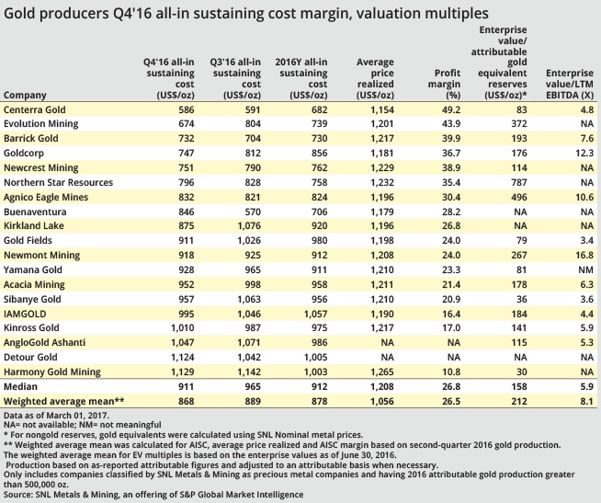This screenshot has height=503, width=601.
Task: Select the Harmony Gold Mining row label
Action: pos(54,372)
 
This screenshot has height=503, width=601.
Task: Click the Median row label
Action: pos(21,387)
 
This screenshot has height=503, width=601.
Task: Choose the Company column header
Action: pos(26,95)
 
